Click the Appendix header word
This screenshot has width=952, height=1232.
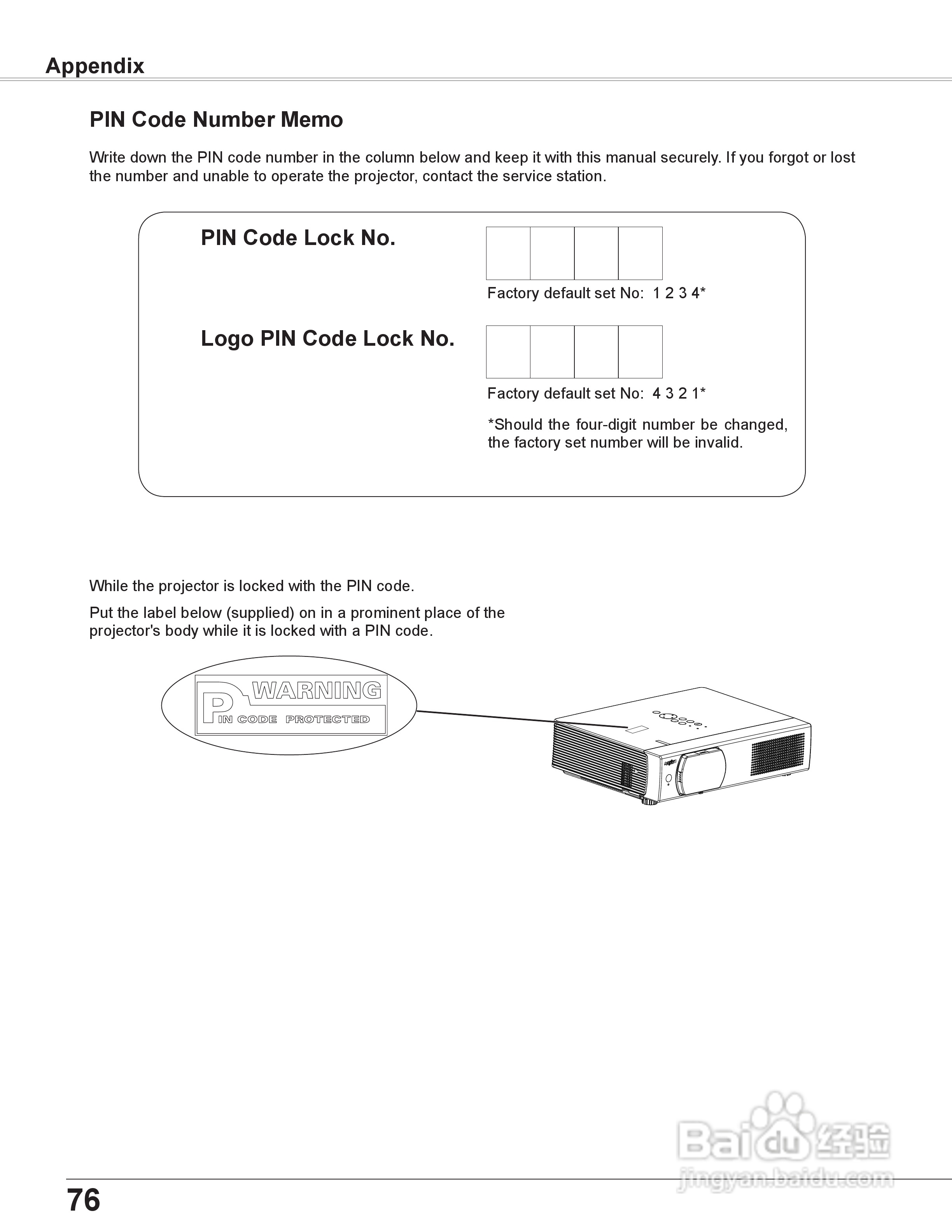95,66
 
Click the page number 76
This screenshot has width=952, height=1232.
84,1199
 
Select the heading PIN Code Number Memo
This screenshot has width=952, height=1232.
216,120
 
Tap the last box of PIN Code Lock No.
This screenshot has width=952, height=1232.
640,253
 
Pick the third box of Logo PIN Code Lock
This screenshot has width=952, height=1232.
596,352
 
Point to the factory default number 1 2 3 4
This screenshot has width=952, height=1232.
675,293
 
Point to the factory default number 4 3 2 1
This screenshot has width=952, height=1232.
675,393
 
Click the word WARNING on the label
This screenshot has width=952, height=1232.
317,690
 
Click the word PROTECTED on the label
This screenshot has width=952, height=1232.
327,719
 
